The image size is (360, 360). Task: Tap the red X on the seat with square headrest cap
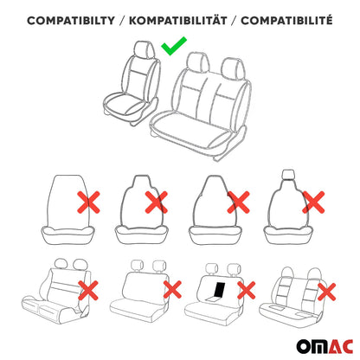pyautogui.click(x=315, y=202)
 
